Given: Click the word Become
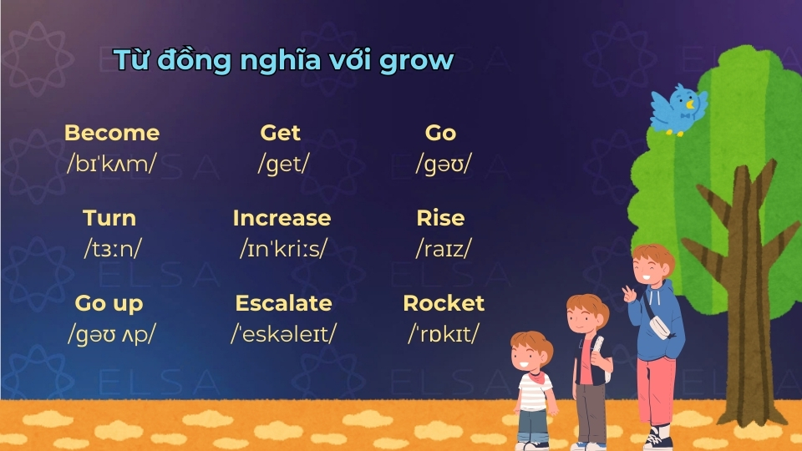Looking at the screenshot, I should [x=111, y=133].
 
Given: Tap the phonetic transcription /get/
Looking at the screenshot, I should [x=283, y=164].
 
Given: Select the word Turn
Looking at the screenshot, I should [x=109, y=218].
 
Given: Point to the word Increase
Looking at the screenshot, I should [x=282, y=218].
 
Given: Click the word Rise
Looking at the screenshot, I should [x=440, y=218].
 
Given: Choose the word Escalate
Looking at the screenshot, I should [x=283, y=303].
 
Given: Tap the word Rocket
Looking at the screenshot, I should [x=444, y=303].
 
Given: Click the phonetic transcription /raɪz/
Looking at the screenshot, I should [x=444, y=248].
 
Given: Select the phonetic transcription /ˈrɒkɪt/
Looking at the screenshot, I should [x=444, y=334].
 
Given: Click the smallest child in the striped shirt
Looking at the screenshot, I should [x=532, y=384].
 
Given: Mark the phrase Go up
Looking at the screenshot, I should [x=109, y=303].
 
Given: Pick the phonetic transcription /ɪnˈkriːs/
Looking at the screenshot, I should [x=283, y=248].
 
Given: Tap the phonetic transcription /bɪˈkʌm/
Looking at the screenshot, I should [x=111, y=164].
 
